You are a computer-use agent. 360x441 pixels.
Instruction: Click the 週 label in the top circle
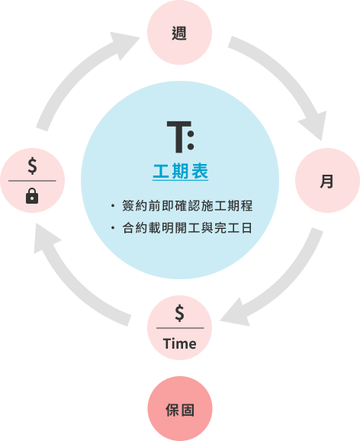click(179, 33)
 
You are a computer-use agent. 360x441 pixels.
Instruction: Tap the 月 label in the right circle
click(326, 181)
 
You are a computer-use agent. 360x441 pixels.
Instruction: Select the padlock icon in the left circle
click(32, 196)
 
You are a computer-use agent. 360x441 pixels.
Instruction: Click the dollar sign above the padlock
click(32, 166)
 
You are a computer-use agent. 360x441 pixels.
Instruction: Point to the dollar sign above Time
click(179, 313)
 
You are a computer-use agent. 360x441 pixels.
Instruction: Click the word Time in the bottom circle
click(179, 343)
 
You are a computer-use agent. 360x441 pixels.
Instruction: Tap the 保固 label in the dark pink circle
click(180, 410)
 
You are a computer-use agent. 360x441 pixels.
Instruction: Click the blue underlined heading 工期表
click(180, 171)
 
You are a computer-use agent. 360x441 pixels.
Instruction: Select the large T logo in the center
click(179, 137)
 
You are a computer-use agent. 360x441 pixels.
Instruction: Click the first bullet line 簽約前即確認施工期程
click(188, 205)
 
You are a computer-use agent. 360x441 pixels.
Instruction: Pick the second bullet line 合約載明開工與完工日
click(188, 228)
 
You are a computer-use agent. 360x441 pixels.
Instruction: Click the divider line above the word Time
click(180, 328)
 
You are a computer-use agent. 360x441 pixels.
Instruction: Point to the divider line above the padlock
click(32, 181)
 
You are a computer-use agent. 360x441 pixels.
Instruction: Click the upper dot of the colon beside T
click(191, 134)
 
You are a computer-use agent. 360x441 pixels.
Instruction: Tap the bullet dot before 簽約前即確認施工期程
click(113, 206)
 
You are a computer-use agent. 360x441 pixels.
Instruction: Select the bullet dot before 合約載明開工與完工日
click(113, 228)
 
